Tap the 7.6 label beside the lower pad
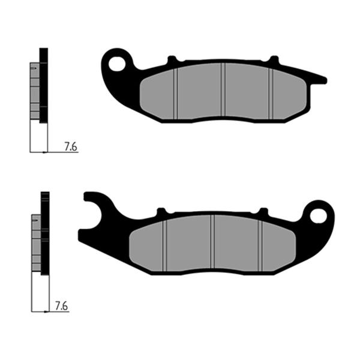[x=61, y=306]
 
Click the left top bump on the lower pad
[x=161, y=212]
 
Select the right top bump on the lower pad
[x=263, y=211]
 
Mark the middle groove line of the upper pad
[x=223, y=90]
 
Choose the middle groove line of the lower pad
[x=212, y=242]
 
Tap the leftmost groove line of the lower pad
[x=164, y=244]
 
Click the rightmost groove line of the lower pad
[x=260, y=242]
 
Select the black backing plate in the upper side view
[x=43, y=85]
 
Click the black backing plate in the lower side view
[x=44, y=233]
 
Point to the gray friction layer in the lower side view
[x=36, y=242]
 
